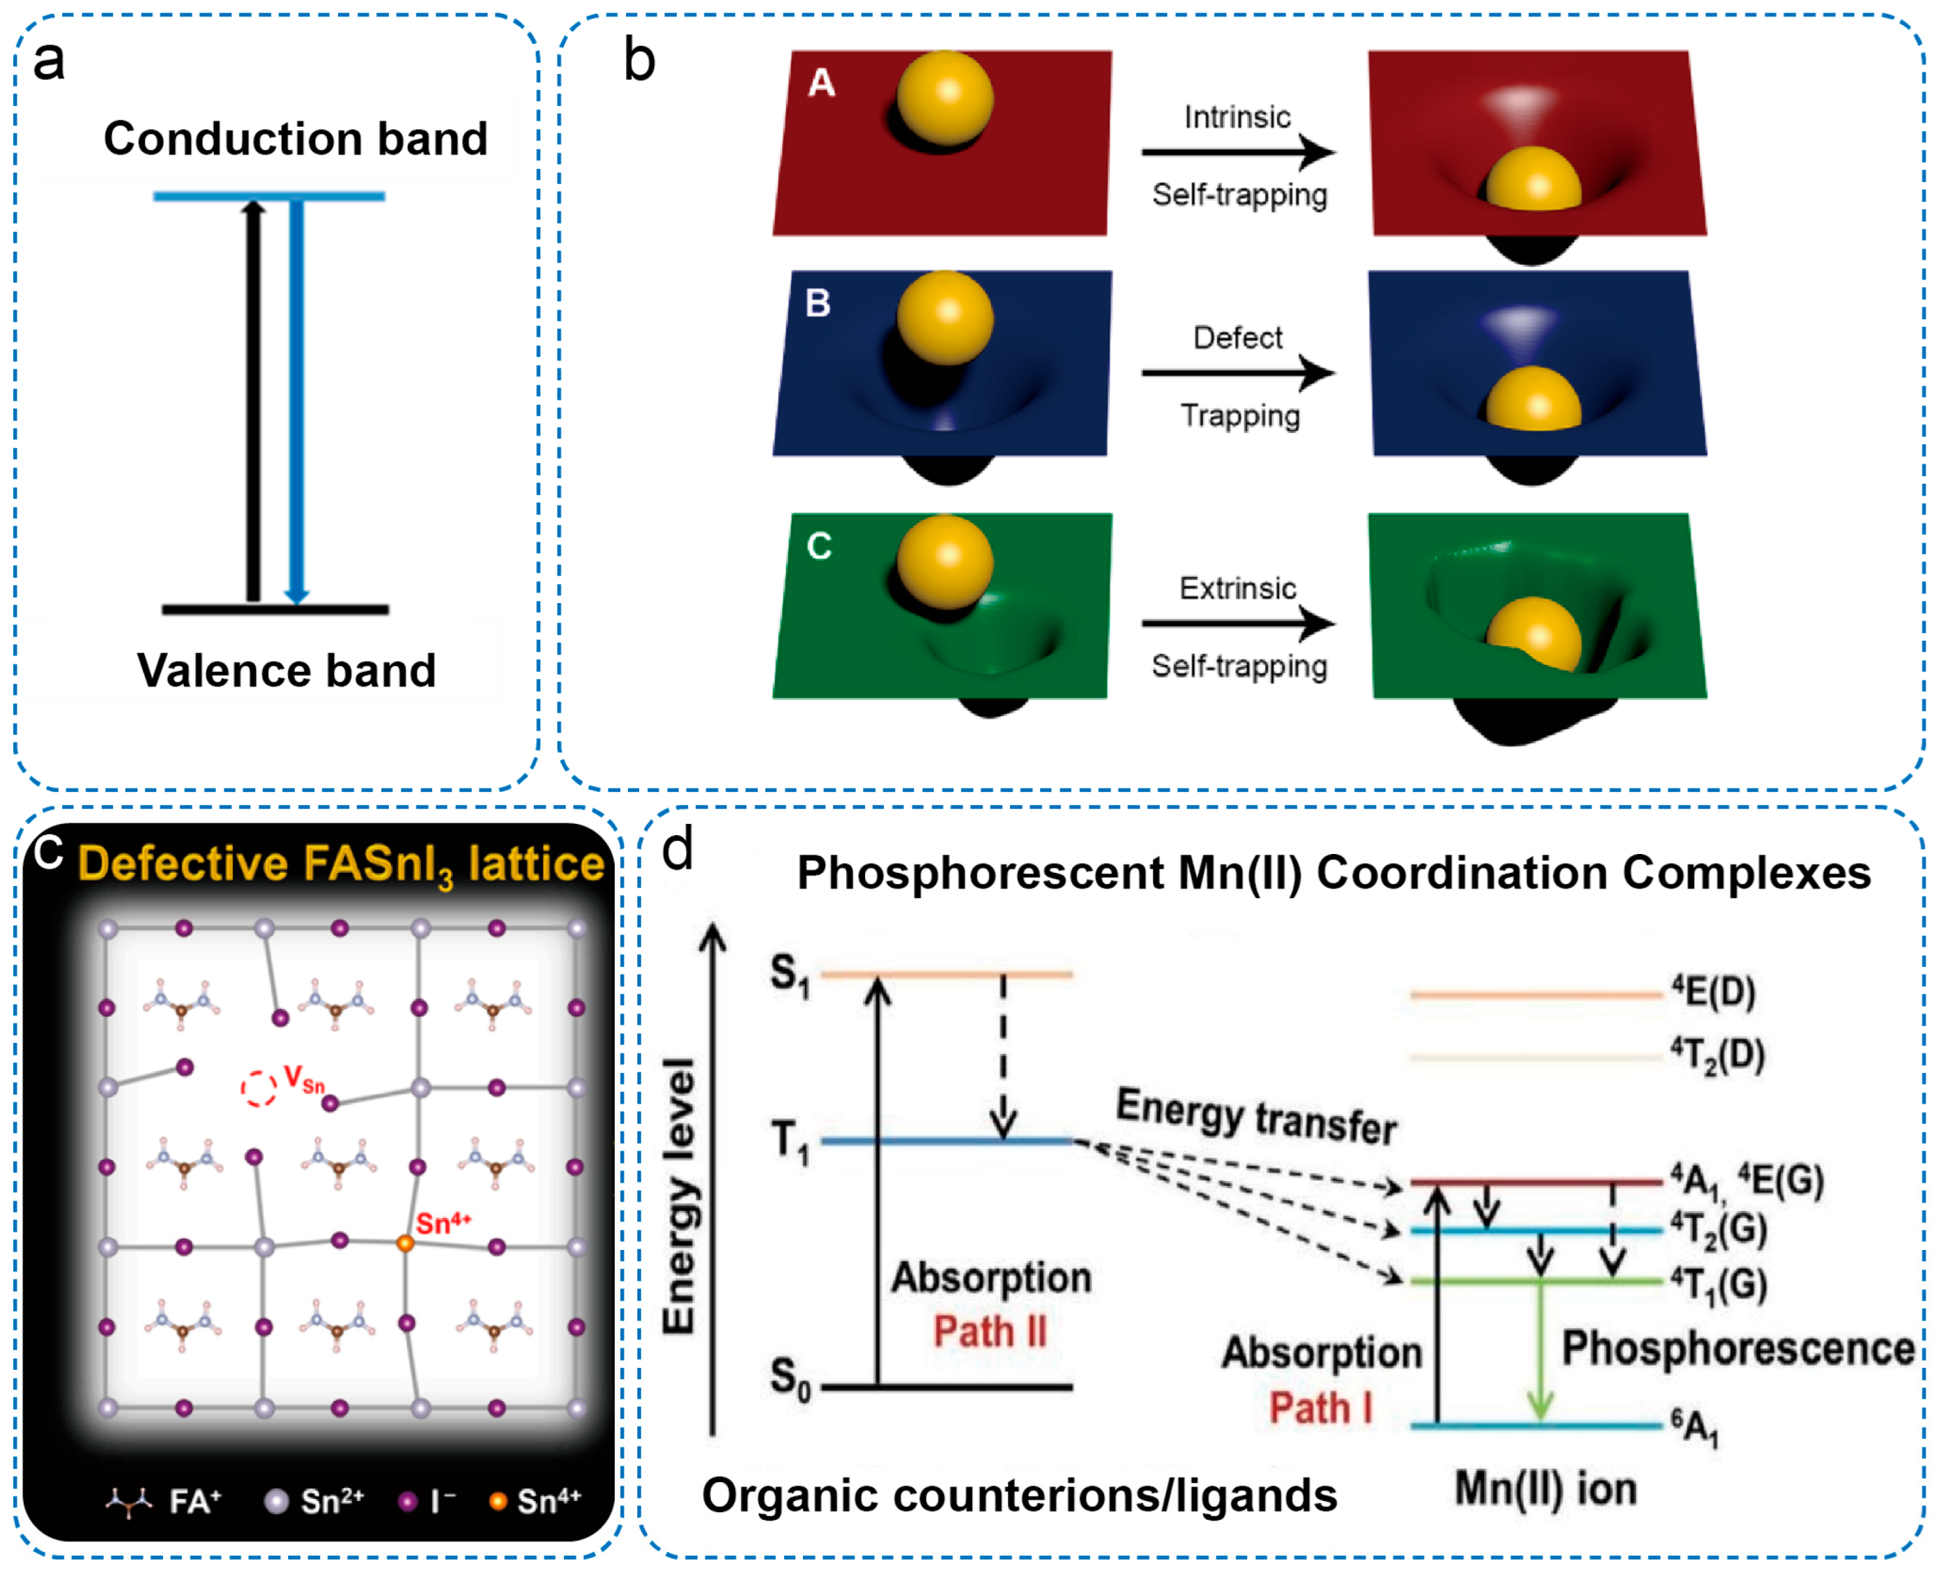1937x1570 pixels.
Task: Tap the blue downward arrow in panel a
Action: [296, 398]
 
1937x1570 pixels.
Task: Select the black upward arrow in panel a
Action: [254, 398]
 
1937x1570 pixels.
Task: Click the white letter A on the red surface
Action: [821, 83]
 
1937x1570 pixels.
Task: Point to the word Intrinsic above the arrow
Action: [1237, 118]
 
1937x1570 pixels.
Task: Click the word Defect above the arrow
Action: [1237, 338]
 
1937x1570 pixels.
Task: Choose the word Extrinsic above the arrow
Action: [1237, 588]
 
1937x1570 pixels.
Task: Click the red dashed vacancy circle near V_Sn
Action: [259, 1088]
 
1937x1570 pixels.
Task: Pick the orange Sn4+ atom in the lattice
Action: [405, 1244]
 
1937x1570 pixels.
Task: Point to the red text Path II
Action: [990, 1332]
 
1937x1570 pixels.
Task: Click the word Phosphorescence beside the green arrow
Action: [1737, 1348]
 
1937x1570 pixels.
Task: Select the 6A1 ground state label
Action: [1694, 1427]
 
